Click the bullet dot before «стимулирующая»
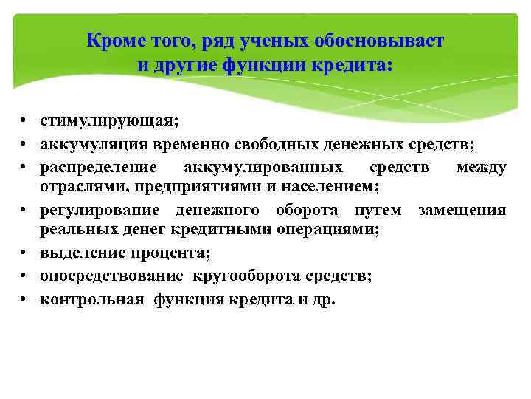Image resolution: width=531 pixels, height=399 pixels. coord(24,120)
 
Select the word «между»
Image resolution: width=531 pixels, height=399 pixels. coord(481,168)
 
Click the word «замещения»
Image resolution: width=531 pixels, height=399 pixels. coord(462,211)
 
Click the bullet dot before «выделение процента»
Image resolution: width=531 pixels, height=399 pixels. coord(24,254)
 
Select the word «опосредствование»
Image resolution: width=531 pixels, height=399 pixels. coord(112,276)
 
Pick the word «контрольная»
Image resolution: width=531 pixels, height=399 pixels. coord(91,300)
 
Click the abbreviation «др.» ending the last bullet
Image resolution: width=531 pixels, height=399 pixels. coord(322,300)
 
